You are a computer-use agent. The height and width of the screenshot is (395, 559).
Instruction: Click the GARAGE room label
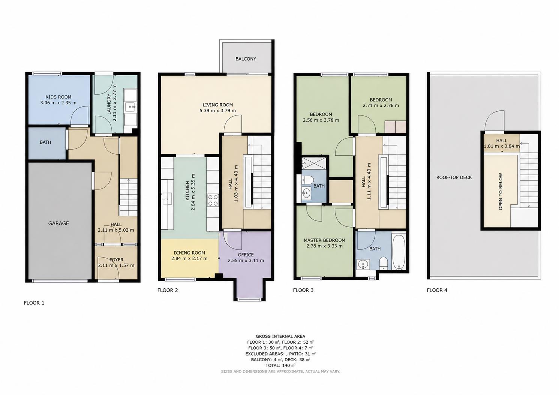[58, 223]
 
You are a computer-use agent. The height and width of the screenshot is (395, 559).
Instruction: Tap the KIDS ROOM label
[58, 97]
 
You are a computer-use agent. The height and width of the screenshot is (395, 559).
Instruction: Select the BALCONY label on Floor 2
[246, 59]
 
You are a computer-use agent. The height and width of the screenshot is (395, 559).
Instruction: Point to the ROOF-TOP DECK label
[454, 177]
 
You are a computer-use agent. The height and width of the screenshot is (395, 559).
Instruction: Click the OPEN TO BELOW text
[501, 191]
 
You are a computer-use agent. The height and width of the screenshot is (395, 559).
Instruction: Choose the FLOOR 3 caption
[303, 290]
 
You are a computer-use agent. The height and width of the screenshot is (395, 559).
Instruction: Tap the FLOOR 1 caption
[34, 303]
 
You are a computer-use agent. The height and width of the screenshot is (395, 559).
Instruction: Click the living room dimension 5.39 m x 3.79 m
[217, 110]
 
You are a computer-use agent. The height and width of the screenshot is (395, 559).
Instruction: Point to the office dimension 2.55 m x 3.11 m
[246, 261]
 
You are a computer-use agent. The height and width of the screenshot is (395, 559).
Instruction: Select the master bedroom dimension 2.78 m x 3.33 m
[324, 246]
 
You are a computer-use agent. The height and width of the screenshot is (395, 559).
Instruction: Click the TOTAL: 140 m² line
[280, 365]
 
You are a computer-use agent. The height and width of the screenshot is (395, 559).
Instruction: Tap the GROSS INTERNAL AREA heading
[280, 337]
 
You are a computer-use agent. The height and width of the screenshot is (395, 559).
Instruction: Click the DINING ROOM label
[189, 253]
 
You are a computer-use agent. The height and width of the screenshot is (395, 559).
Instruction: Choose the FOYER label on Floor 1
[116, 260]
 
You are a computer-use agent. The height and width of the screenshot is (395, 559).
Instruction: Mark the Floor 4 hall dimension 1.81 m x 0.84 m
[502, 146]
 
